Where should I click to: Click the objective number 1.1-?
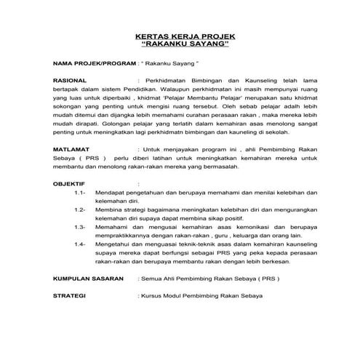point(81,193)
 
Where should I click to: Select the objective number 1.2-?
point(81,210)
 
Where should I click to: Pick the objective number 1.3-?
point(81,227)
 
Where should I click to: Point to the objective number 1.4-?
point(81,244)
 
